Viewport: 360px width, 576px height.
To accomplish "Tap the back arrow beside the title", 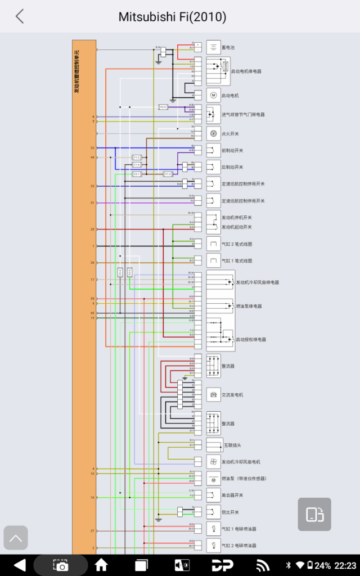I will click(20, 16).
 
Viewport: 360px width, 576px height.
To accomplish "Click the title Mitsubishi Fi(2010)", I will click(172, 17).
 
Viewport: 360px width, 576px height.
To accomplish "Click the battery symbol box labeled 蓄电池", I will click(213, 47).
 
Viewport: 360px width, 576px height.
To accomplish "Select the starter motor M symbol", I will click(213, 95).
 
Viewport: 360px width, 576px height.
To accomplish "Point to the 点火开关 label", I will click(230, 134).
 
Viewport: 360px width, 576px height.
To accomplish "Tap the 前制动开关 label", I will click(232, 151).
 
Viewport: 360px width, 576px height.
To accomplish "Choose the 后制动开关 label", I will click(232, 167).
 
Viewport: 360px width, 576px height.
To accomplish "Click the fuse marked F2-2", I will click(163, 106).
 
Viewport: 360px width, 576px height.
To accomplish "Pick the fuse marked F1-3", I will click(168, 174).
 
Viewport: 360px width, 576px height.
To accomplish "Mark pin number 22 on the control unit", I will click(93, 148).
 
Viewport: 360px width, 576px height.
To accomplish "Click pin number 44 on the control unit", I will click(93, 157).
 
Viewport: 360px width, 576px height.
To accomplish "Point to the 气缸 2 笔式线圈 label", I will click(237, 245).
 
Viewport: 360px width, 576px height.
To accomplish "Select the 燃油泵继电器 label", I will click(249, 307).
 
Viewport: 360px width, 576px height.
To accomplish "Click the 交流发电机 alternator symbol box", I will click(213, 395).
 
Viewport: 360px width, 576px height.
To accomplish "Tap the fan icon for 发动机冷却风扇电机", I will click(213, 462).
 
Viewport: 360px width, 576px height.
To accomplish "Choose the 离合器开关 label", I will click(233, 495).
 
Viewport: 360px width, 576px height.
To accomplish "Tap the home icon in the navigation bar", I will click(101, 565).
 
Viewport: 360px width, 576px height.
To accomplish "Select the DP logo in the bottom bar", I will click(223, 565).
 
